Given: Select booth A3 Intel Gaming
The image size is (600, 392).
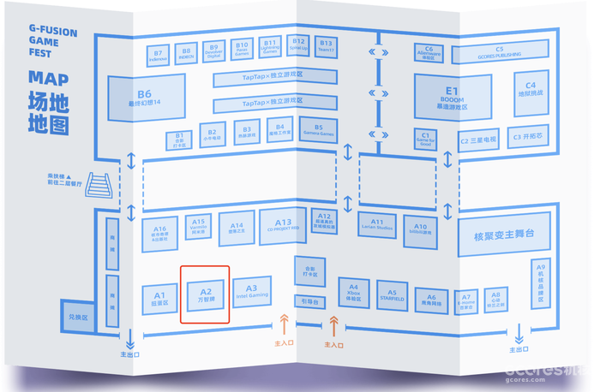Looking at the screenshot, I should pos(252,292).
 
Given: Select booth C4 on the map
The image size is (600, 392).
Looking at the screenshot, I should pos(531,90).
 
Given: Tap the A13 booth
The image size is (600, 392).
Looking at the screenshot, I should pos(284,223).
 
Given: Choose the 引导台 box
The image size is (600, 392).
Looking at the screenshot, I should pos(310,301).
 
